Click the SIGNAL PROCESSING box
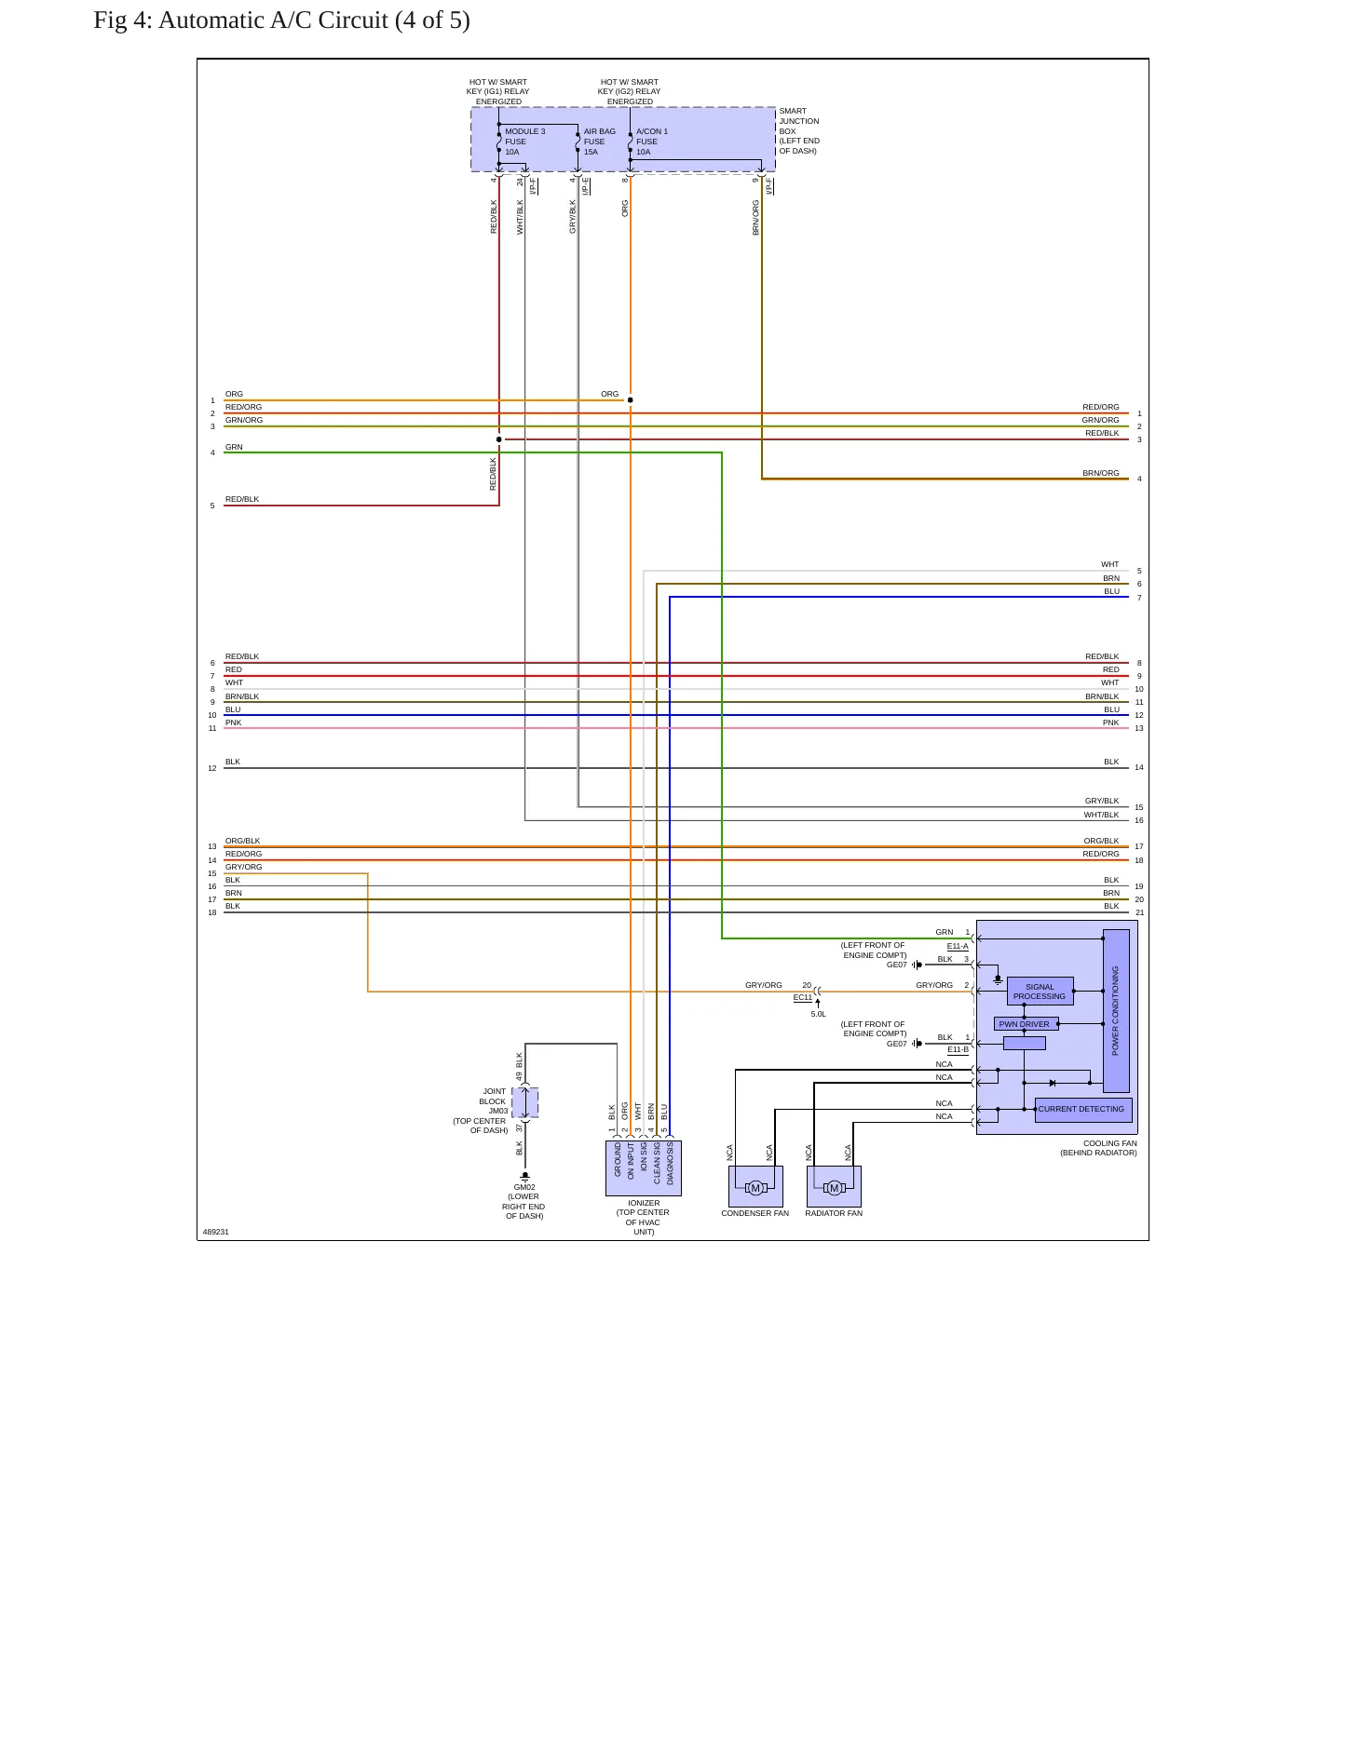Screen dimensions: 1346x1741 coord(1040,992)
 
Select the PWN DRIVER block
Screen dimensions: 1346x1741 coord(1025,1024)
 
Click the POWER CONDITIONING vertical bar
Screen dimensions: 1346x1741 coord(1116,1010)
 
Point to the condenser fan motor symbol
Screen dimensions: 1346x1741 coord(755,1187)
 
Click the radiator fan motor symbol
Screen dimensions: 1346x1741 coord(834,1187)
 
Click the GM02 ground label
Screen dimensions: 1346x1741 coord(524,1188)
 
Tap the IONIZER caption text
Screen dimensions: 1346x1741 coord(644,1203)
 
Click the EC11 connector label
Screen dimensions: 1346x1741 coord(803,998)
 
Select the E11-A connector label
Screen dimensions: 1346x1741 coord(958,947)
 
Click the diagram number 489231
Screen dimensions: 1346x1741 coord(216,1232)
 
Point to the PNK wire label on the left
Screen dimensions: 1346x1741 coord(233,722)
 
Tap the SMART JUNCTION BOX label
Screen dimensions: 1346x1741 coord(799,131)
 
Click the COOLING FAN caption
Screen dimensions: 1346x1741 coord(1109,1143)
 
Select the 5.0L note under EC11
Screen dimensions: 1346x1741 coord(818,1014)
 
